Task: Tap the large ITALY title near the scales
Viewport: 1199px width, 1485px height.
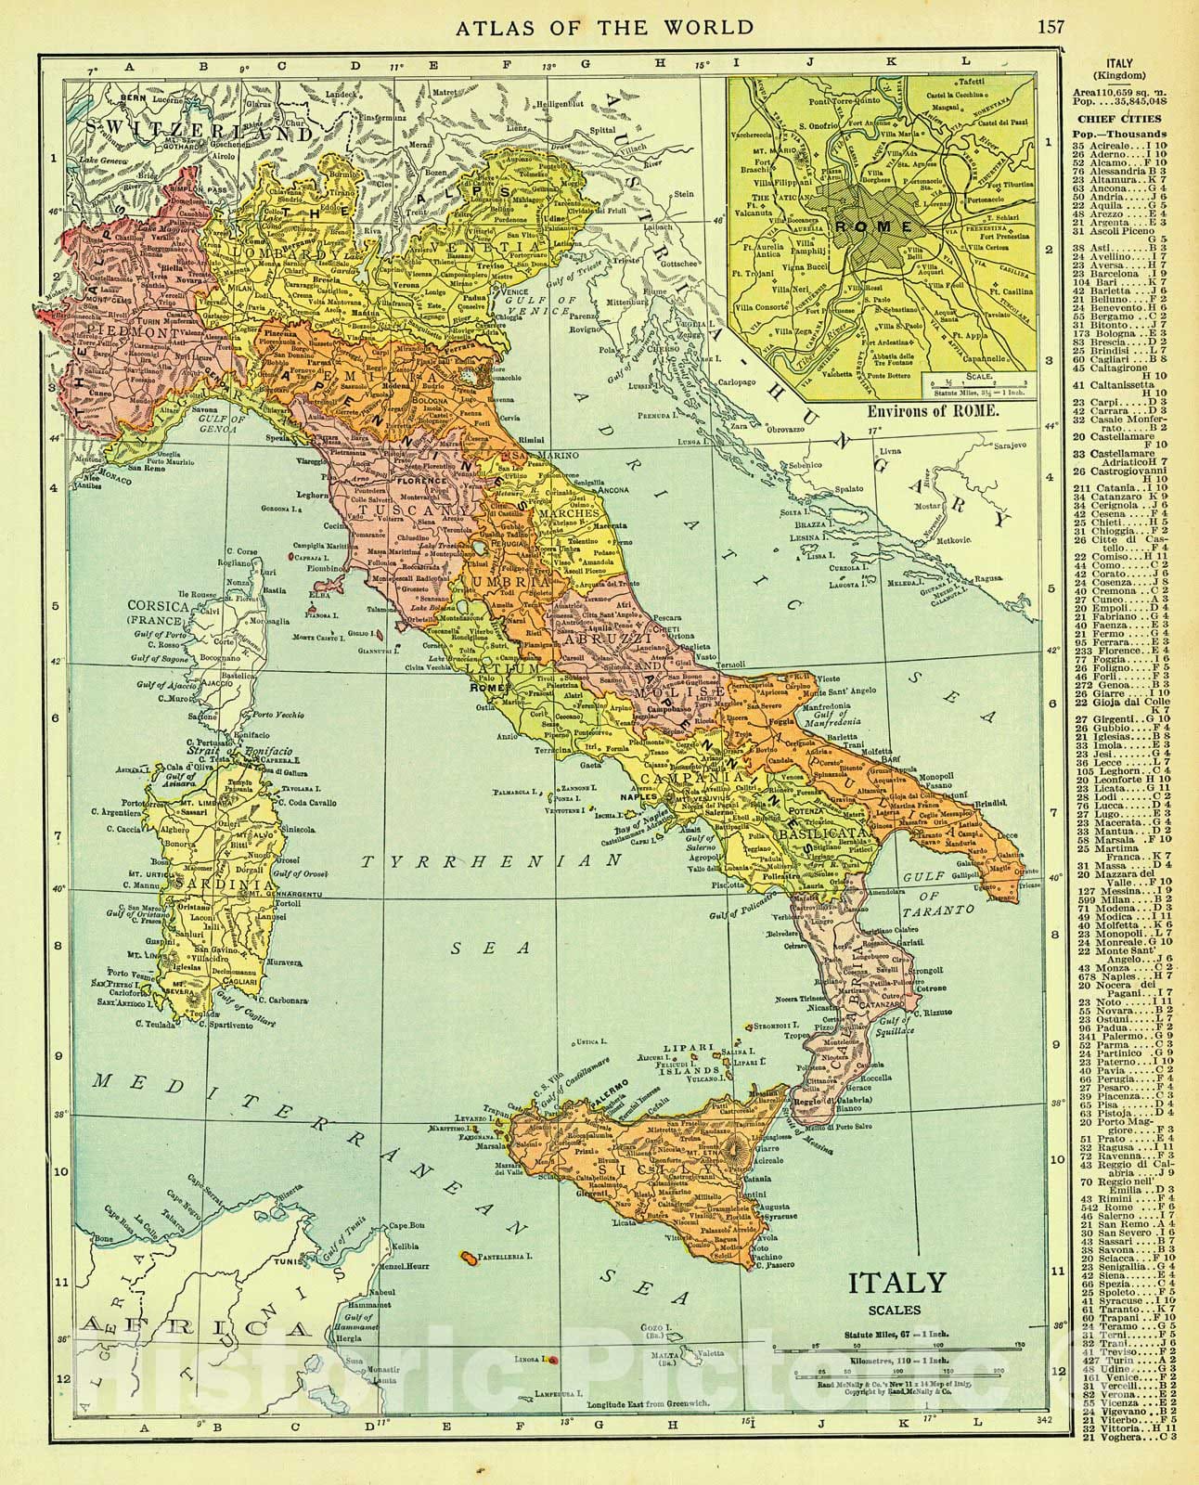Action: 896,1284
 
